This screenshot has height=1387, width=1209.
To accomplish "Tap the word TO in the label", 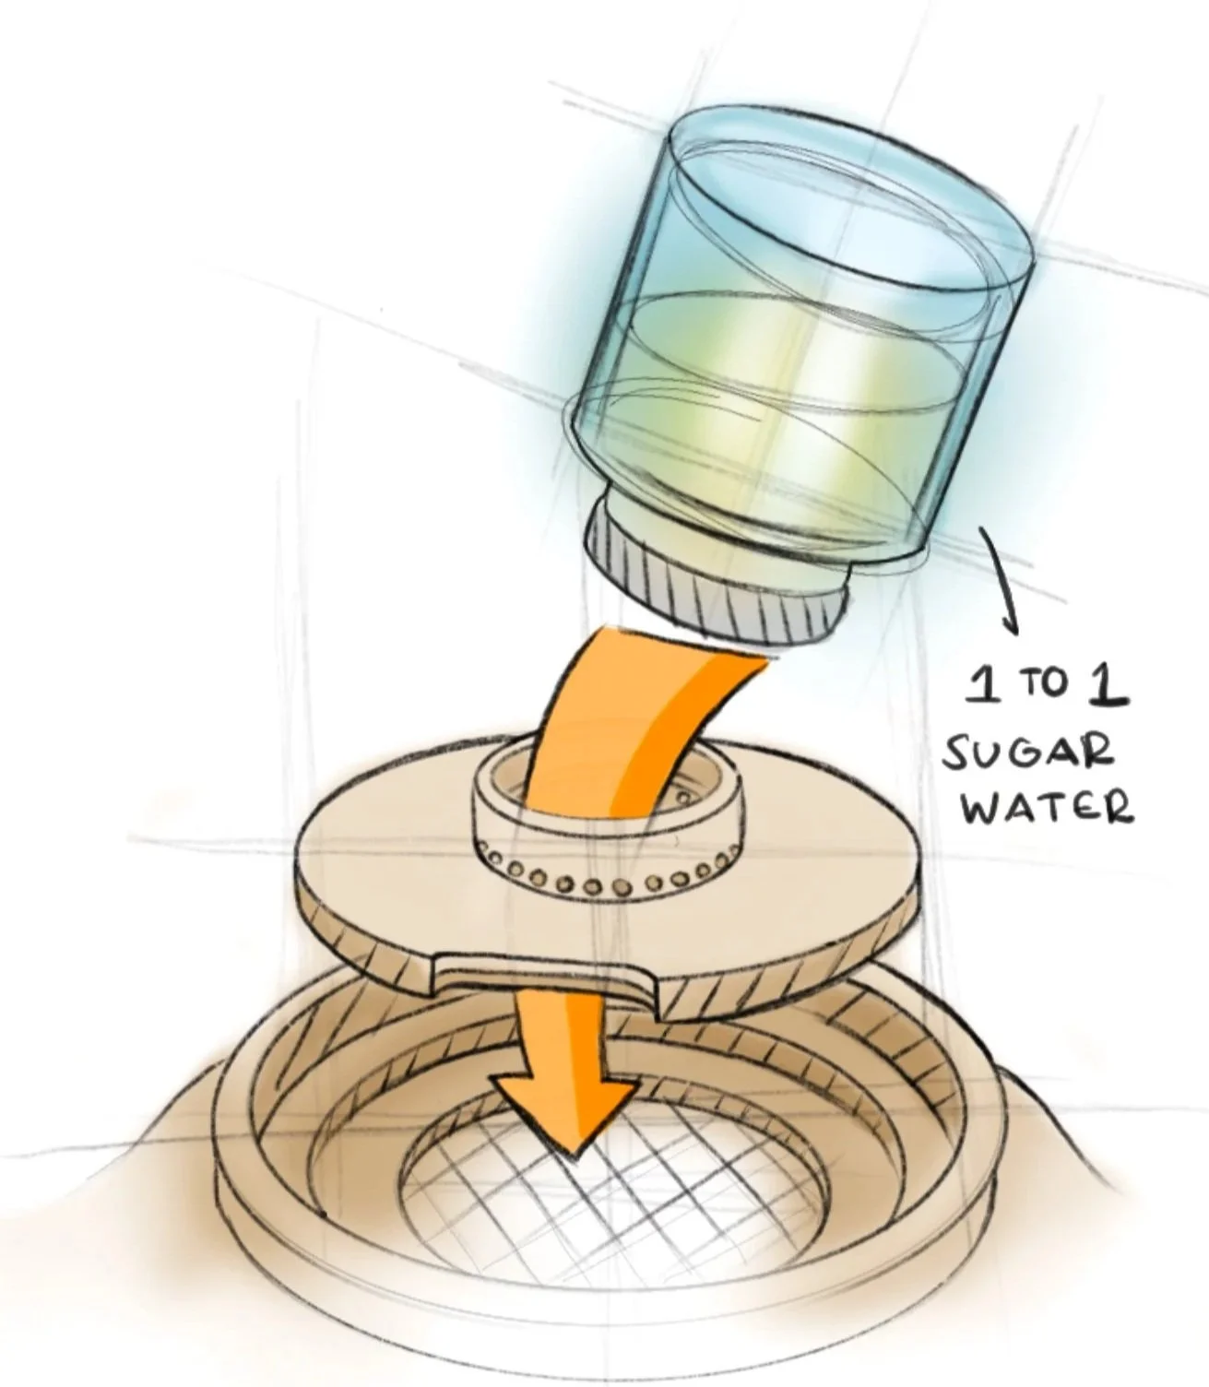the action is pyautogui.click(x=1043, y=687).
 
